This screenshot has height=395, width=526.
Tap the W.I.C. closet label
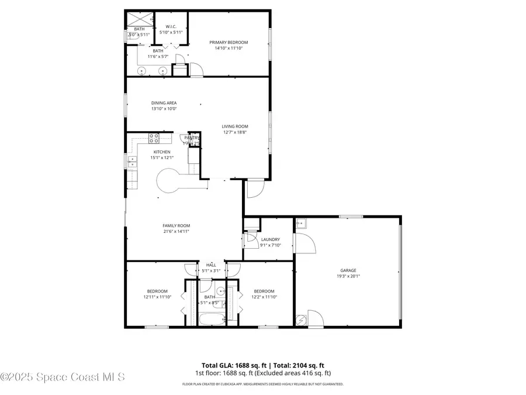point(171,26)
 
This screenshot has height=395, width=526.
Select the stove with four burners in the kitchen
point(154,138)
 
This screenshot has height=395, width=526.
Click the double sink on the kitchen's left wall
point(132,162)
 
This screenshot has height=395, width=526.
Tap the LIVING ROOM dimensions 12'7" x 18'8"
point(235,132)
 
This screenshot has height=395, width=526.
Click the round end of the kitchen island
point(168,180)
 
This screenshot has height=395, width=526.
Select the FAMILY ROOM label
point(176,225)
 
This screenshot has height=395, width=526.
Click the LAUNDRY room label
point(270,239)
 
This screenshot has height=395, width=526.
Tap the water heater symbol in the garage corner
point(302,320)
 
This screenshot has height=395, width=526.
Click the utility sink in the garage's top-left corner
point(301,224)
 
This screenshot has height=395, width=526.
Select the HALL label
point(210,265)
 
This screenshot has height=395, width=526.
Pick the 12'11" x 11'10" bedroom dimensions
point(157,297)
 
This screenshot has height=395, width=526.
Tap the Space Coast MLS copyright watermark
point(63,377)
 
